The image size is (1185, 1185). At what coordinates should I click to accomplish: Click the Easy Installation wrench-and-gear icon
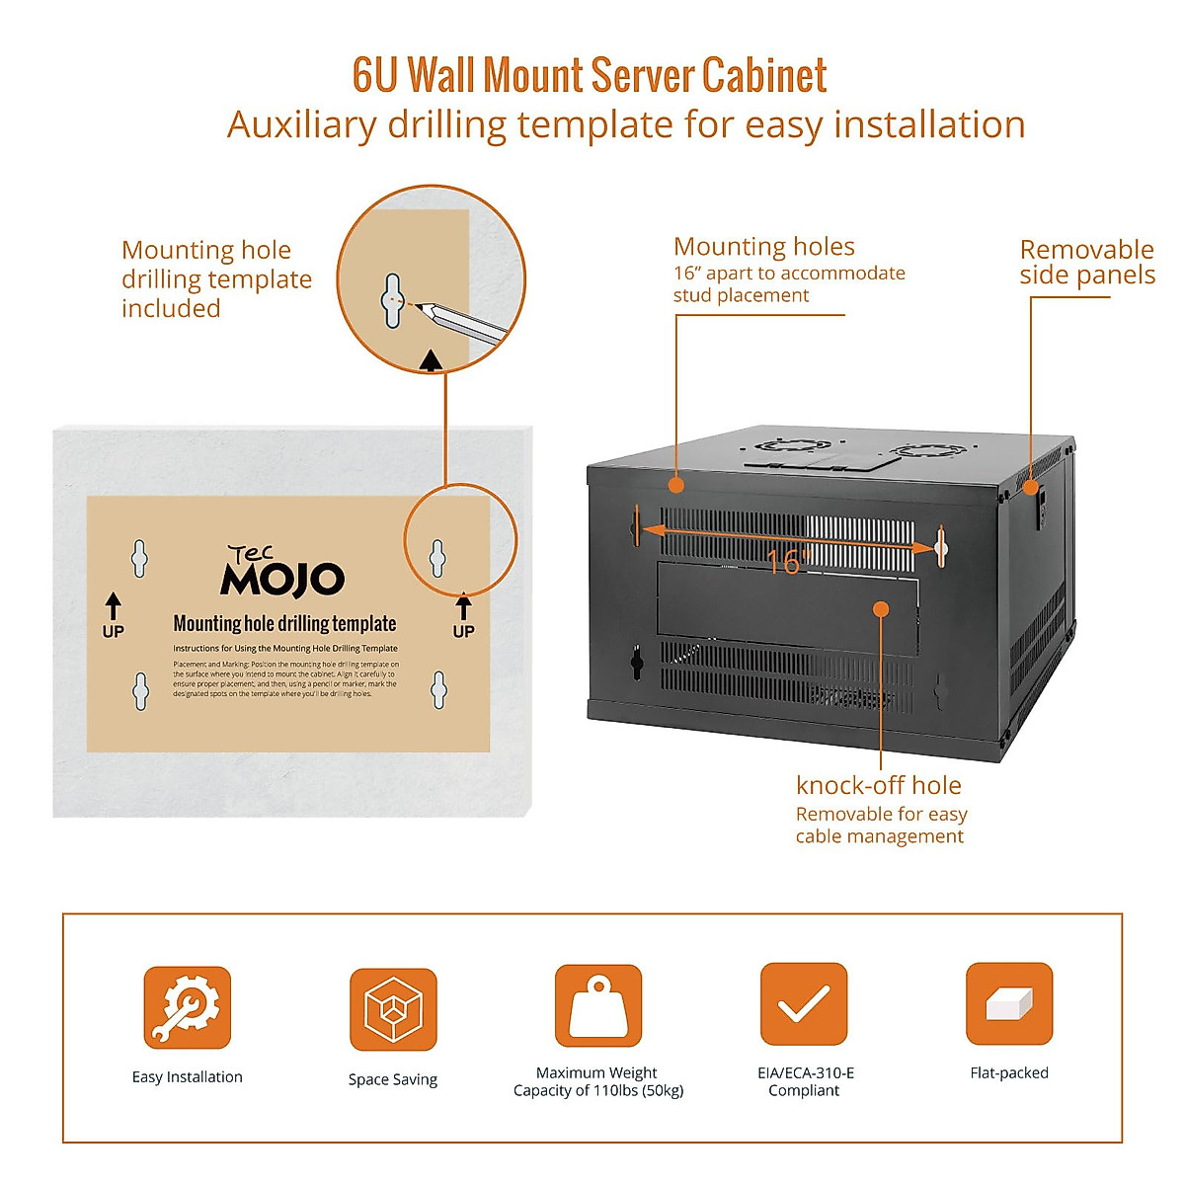[x=188, y=1007]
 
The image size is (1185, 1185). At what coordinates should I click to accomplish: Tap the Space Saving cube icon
[x=393, y=1009]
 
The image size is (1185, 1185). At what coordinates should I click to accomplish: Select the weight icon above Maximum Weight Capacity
[x=598, y=1006]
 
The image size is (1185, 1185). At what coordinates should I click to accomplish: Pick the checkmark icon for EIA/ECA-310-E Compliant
[x=804, y=1005]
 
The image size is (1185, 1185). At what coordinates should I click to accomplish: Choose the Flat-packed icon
[x=1009, y=1004]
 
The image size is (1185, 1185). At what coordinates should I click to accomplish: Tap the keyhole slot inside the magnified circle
[x=392, y=298]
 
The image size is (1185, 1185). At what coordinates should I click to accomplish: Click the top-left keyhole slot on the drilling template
[x=140, y=558]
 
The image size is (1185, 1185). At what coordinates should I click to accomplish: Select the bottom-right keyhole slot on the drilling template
[x=438, y=690]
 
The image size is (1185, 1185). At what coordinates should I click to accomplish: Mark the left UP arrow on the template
[x=114, y=605]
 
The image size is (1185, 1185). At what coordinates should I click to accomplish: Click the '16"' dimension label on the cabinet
[x=787, y=562]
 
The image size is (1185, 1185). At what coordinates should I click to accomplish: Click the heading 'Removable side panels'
[x=1086, y=262]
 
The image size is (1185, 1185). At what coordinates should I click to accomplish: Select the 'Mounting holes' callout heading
[x=764, y=247]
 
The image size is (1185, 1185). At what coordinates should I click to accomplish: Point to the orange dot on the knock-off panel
[x=880, y=609]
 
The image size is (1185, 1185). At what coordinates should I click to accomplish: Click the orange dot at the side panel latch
[x=1030, y=486]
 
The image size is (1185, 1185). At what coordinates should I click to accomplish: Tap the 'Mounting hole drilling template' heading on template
[x=284, y=624]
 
